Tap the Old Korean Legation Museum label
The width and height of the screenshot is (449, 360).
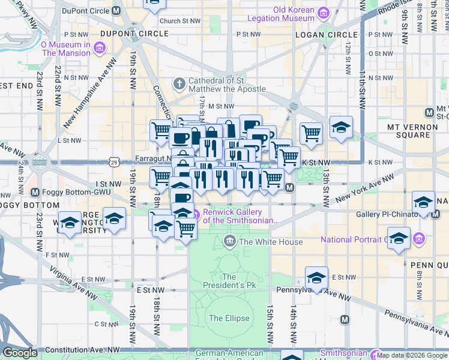[294, 14]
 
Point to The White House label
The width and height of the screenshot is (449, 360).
[271, 242]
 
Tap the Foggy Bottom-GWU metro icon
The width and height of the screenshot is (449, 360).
[35, 193]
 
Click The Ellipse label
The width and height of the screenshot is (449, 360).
[224, 317]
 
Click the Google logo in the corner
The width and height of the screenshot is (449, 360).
[20, 353]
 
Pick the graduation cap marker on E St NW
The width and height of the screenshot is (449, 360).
[316, 278]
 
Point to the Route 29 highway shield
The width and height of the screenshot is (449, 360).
[114, 161]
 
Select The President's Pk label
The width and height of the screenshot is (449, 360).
[229, 281]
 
